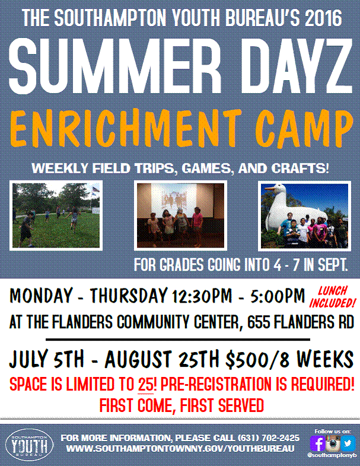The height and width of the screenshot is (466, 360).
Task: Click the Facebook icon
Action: point(317,443)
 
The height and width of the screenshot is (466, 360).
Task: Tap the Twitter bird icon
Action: point(348,443)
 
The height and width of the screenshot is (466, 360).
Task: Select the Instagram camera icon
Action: point(333,443)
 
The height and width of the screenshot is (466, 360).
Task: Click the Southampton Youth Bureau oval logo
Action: point(30,445)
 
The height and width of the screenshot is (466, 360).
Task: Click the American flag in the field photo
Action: point(95,189)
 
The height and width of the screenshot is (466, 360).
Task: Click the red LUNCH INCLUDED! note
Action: point(332,297)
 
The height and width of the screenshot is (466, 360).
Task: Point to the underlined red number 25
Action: point(145,384)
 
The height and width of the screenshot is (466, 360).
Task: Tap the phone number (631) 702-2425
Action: point(269,438)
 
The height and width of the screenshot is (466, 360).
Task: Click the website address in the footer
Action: point(180,448)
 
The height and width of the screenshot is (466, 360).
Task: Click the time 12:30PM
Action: point(202,296)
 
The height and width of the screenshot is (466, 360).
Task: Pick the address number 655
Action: point(259,322)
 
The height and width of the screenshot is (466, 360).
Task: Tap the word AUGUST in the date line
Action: point(138,359)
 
